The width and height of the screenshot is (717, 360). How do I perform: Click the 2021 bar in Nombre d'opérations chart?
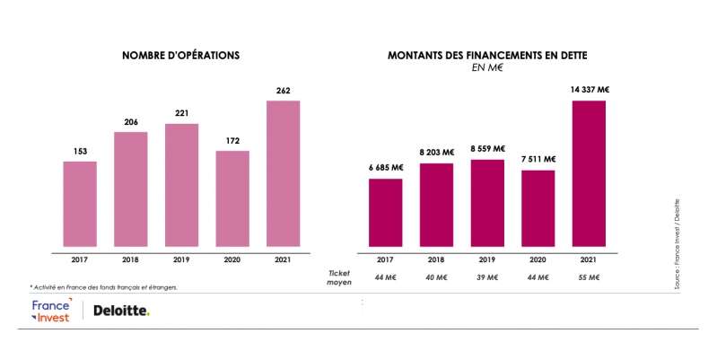283,172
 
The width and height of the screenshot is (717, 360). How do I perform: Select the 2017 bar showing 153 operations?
79,203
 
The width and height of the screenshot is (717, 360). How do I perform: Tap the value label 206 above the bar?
130,120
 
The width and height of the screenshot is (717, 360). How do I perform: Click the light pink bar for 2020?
232,198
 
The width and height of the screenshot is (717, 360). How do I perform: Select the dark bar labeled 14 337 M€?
589,172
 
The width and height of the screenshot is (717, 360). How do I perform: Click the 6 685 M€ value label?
384,167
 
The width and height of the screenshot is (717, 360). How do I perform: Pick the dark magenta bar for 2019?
486,202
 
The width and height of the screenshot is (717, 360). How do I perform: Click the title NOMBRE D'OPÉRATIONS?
180,56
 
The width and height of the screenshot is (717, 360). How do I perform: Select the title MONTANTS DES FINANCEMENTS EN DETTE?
487,56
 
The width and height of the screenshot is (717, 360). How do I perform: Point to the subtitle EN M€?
487,68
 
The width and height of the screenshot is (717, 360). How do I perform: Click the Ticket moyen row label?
338,276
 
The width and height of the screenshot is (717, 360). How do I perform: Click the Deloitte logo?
121,311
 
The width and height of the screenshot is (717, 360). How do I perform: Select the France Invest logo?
50,311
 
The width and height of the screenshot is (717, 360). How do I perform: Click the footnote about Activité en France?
104,287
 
